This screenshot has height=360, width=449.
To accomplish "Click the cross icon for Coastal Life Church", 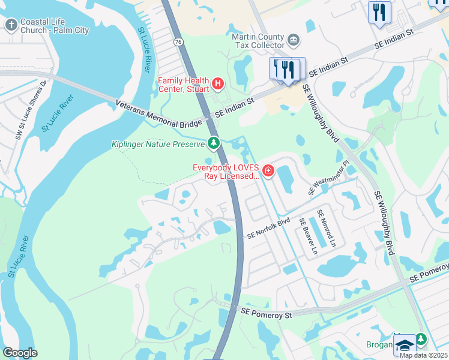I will (11, 25).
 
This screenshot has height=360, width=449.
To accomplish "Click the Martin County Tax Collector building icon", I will (294, 41).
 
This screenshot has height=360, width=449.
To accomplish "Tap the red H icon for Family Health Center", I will (217, 83).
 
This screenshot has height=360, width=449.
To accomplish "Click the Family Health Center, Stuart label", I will (183, 85).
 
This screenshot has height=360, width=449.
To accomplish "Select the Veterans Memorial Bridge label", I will (158, 114).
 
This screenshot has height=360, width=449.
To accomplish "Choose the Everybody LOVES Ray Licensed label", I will (226, 172).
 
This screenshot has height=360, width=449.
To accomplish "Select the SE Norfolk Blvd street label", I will (268, 228).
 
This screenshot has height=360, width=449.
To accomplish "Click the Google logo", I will (20, 353).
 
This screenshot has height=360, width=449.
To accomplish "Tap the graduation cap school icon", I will (404, 345).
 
